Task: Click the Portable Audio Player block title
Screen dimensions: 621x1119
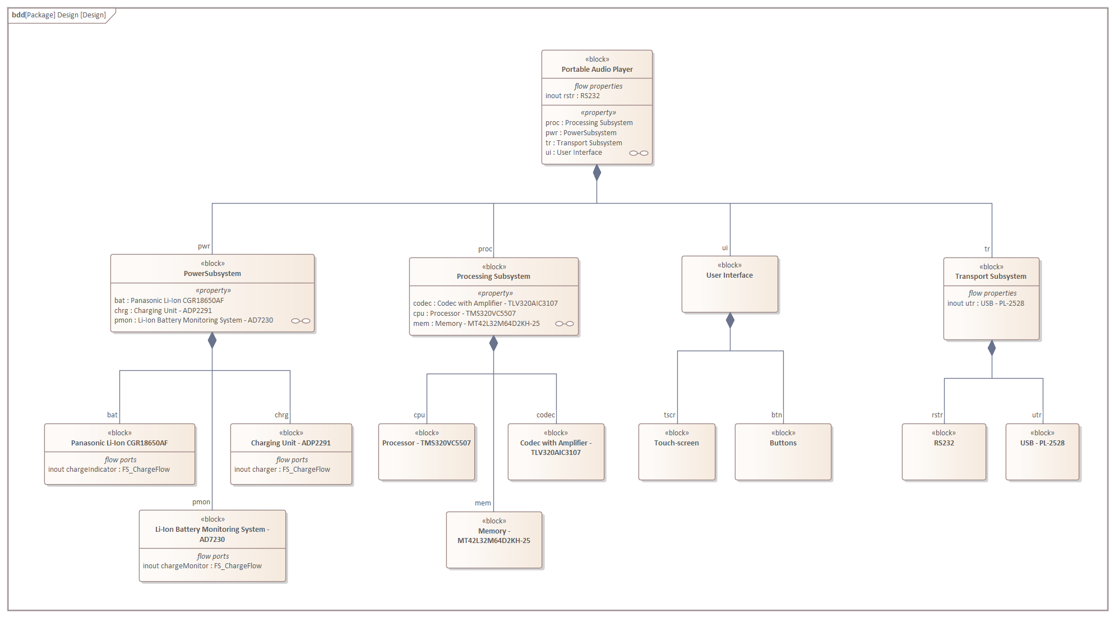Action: click(597, 69)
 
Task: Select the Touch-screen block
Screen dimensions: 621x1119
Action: click(677, 452)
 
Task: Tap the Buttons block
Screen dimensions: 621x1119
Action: click(783, 452)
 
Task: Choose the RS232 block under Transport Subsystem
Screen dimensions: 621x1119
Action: click(944, 452)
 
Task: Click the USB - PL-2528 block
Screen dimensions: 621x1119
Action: click(1042, 452)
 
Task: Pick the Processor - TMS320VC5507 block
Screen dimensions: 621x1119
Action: click(427, 452)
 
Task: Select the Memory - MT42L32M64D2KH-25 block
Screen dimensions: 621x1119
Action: click(494, 540)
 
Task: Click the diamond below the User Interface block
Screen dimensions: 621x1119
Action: click(730, 320)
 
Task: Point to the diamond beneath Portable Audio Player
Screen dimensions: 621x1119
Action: click(597, 173)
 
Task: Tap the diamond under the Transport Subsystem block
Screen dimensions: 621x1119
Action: click(992, 348)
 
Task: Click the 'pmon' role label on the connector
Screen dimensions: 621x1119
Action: click(201, 502)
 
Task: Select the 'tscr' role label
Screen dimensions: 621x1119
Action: click(669, 415)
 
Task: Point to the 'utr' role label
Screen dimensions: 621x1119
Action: click(1037, 415)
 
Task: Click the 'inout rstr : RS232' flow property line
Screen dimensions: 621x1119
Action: click(572, 96)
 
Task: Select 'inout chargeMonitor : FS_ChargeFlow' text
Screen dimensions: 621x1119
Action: click(202, 566)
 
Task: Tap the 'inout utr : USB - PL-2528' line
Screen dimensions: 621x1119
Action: click(986, 303)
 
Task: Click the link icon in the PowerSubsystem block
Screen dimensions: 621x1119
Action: click(300, 321)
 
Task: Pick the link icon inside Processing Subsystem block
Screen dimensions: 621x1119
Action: click(564, 324)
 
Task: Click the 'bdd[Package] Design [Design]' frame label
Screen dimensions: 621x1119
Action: click(59, 15)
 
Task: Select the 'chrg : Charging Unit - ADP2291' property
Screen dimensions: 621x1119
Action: click(163, 311)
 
